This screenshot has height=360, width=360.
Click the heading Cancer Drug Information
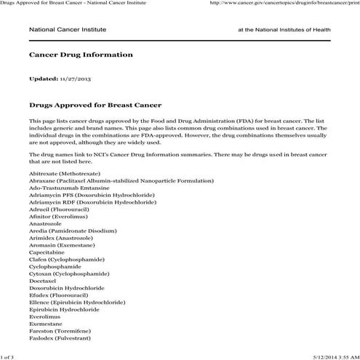tap(80, 55)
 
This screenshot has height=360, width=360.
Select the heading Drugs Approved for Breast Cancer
tap(95, 105)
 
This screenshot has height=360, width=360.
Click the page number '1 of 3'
tap(7, 356)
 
